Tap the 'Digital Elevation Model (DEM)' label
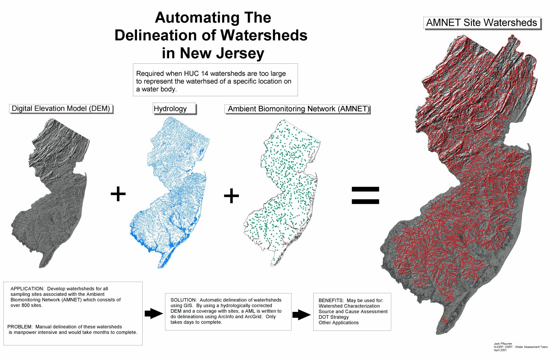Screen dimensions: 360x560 61,109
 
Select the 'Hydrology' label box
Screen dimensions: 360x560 170,109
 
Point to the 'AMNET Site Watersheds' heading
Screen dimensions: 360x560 481,23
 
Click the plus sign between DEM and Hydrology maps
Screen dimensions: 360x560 118,194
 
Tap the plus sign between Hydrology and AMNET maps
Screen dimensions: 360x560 231,196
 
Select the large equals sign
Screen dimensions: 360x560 365,195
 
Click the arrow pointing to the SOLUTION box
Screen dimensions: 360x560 153,313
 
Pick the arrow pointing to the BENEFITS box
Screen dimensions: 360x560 301,314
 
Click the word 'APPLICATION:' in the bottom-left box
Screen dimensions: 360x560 27,289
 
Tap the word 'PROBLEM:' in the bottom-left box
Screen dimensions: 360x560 20,327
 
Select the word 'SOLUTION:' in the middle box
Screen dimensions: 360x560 183,300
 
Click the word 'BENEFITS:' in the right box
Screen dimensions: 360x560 331,300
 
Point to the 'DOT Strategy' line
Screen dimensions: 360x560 333,317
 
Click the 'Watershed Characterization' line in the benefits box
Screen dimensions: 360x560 349,306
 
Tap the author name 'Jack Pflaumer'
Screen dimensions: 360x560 503,344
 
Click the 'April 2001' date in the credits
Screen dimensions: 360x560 500,350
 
